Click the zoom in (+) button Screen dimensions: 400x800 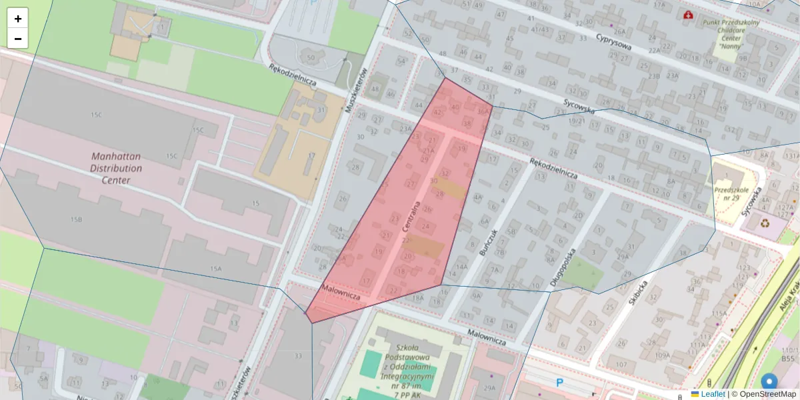[x=18, y=19]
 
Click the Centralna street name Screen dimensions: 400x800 [x=411, y=216]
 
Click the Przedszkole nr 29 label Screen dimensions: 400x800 [x=732, y=193]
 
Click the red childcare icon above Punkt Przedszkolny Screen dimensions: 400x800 [x=688, y=15]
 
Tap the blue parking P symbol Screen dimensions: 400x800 [x=559, y=383]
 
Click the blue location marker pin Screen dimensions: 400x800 [x=769, y=383]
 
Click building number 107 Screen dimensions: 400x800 [x=621, y=365]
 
